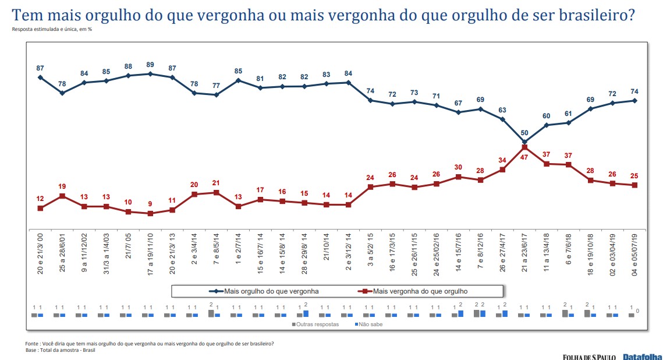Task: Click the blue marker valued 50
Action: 524,142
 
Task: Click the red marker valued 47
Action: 524,147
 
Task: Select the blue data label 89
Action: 150,65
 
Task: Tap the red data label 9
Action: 150,204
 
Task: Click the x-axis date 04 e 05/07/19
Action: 634,254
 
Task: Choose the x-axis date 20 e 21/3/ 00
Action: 40,254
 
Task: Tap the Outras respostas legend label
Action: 317,324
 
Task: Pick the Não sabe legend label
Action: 370,324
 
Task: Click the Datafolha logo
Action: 642,357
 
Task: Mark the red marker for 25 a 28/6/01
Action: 62,196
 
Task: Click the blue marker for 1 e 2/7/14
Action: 238,80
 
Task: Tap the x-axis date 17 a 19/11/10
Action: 150,254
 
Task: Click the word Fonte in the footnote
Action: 32,343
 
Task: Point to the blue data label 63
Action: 502,110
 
